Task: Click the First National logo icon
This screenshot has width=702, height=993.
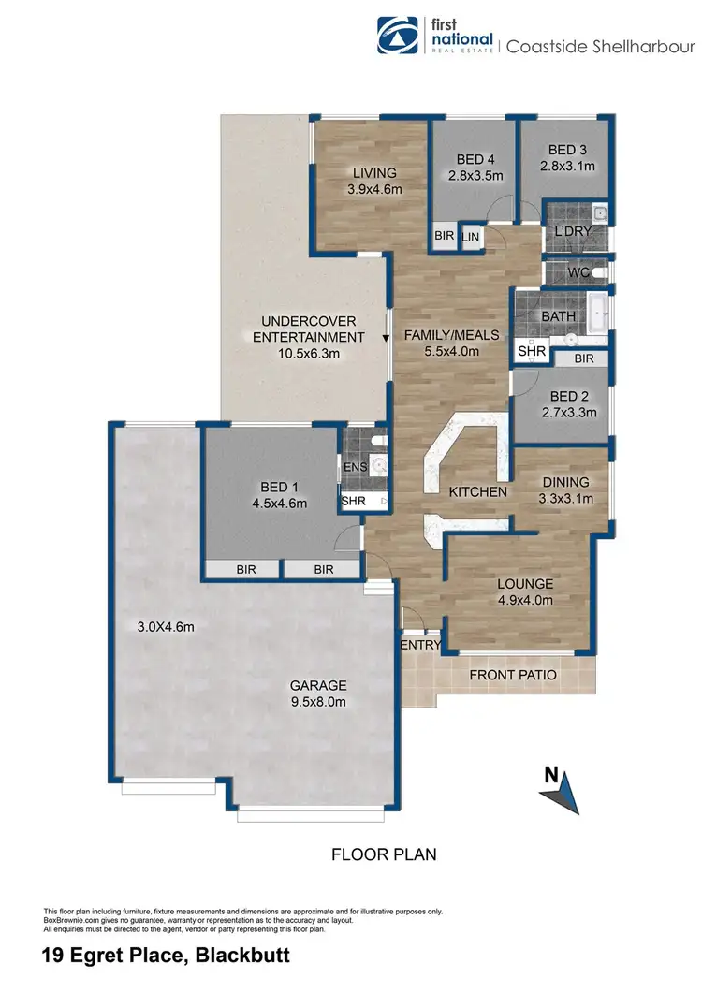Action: (x=397, y=36)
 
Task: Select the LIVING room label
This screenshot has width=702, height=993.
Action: (x=374, y=173)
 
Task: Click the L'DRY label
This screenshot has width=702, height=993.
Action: (x=571, y=230)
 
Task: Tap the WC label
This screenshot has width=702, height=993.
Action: (x=578, y=272)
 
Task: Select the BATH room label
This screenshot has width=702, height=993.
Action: (x=559, y=316)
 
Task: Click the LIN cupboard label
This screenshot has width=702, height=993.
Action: (x=470, y=239)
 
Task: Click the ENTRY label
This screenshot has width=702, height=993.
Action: (x=420, y=645)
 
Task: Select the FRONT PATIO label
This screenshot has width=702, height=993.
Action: (x=513, y=675)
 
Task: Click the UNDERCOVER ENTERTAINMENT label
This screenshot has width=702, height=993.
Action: (x=308, y=329)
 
